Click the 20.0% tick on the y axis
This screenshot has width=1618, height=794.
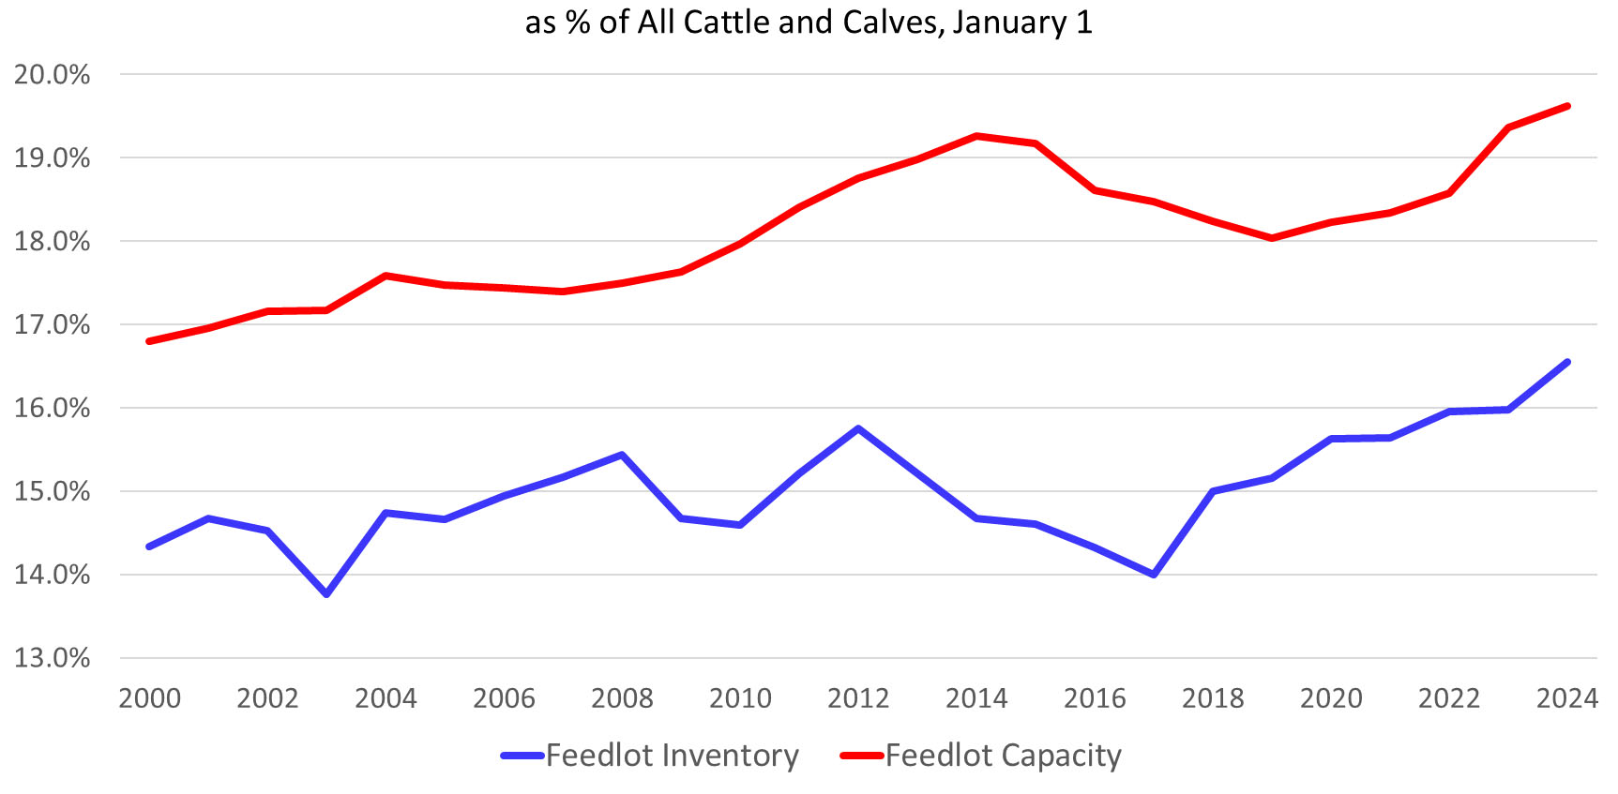pyautogui.click(x=52, y=75)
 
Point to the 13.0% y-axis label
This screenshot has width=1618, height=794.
pyautogui.click(x=52, y=658)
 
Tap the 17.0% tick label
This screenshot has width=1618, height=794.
pyautogui.click(x=52, y=325)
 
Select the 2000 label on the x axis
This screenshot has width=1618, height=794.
pyautogui.click(x=149, y=698)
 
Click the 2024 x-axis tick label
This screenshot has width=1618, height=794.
pyautogui.click(x=1566, y=698)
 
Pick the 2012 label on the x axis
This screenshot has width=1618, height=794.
pyautogui.click(x=858, y=698)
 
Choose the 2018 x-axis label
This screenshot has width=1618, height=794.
pyautogui.click(x=1213, y=698)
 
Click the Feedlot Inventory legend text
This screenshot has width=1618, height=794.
pyautogui.click(x=672, y=756)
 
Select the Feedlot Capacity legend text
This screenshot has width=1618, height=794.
pyautogui.click(x=1003, y=756)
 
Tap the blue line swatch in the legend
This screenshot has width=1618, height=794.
pyautogui.click(x=522, y=756)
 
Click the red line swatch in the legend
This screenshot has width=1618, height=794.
pyautogui.click(x=862, y=756)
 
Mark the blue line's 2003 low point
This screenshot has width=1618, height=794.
pyautogui.click(x=326, y=594)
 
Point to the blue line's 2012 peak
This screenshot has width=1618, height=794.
pyautogui.click(x=858, y=428)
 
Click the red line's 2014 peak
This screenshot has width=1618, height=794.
pyautogui.click(x=976, y=136)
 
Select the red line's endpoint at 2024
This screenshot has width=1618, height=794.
pyautogui.click(x=1567, y=106)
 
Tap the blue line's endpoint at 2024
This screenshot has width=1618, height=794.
pyautogui.click(x=1567, y=362)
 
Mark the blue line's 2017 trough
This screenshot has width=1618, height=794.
pyautogui.click(x=1154, y=575)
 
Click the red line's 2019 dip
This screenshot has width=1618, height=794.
pyautogui.click(x=1272, y=238)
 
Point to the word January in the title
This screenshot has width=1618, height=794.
pyautogui.click(x=1009, y=22)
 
